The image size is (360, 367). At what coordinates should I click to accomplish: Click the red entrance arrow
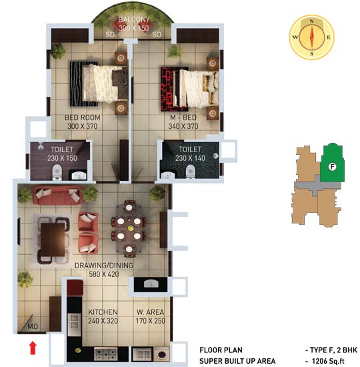pyautogui.click(x=33, y=348)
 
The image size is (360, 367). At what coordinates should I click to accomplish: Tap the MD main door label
pyautogui.click(x=33, y=326)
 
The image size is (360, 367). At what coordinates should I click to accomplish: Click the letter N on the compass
pyautogui.click(x=311, y=21)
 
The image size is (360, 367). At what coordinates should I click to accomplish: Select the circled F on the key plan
pyautogui.click(x=332, y=167)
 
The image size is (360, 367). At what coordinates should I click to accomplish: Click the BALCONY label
pyautogui.click(x=134, y=19)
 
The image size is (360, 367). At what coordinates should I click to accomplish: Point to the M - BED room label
pyautogui.click(x=183, y=117)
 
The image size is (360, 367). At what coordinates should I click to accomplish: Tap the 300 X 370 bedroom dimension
pyautogui.click(x=83, y=126)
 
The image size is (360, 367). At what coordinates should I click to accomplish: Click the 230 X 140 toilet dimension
pyautogui.click(x=190, y=158)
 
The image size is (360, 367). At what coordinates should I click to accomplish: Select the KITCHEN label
pyautogui.click(x=103, y=312)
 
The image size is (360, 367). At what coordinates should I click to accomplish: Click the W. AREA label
pyautogui.click(x=151, y=312)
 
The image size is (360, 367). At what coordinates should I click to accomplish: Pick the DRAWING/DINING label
pyautogui.click(x=104, y=266)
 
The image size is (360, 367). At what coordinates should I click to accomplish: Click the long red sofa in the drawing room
pyautogui.click(x=57, y=195)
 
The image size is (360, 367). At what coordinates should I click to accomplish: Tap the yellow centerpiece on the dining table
pyautogui.click(x=131, y=228)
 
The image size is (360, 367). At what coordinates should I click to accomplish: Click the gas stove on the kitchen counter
pyautogui.click(x=105, y=354)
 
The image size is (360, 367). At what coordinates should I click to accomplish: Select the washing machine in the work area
pyautogui.click(x=161, y=354)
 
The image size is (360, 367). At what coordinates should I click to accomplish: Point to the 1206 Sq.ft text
pyautogui.click(x=328, y=361)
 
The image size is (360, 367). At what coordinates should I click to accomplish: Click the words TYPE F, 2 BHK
pyautogui.click(x=334, y=350)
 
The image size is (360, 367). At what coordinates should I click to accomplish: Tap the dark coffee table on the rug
pyautogui.click(x=53, y=240)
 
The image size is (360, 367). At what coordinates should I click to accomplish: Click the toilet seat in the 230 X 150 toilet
pyautogui.click(x=57, y=172)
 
